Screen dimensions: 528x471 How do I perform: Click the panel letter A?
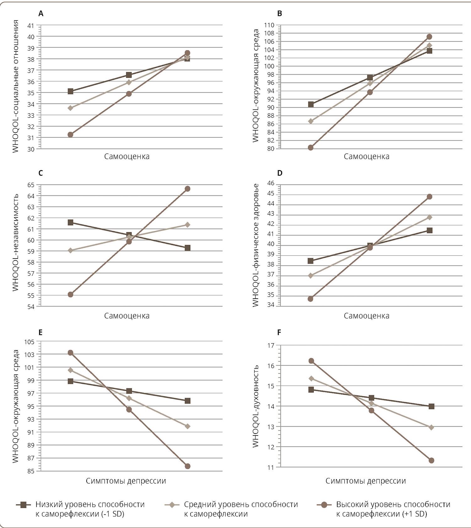coord(41,13)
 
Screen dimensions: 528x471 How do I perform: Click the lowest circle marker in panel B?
coord(311,147)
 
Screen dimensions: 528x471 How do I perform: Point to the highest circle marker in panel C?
coord(187,189)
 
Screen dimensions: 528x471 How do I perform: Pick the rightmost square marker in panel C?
coord(187,248)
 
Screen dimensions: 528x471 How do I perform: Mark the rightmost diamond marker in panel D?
coord(429,217)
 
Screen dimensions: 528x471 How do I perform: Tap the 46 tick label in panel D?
coord(270,183)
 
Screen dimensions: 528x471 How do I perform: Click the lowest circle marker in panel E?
coord(187,466)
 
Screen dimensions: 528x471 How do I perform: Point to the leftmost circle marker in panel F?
coord(311,361)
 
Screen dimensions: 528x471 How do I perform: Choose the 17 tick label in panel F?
coord(270,345)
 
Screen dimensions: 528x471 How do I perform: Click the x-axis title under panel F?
coord(365,481)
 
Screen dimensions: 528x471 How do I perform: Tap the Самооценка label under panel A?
coord(127,156)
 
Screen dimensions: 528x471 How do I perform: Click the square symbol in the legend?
coord(23,505)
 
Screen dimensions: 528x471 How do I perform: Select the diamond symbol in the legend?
coord(172,505)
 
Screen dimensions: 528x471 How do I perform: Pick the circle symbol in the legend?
coord(324,505)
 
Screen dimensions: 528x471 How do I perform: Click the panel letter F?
coord(279,333)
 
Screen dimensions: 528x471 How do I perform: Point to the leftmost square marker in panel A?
coord(70,91)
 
